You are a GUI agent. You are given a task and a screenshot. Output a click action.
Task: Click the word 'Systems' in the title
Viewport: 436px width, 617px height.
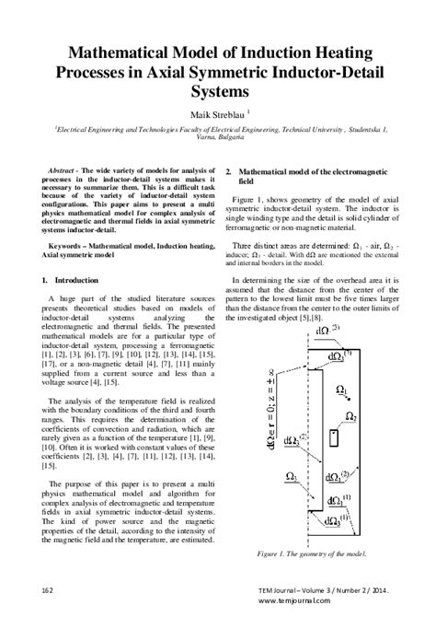coord(218,93)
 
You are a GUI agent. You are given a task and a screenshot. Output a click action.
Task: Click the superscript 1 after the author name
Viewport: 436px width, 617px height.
coord(244,111)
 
